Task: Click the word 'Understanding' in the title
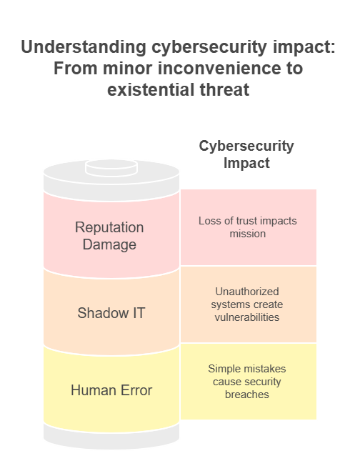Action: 84,47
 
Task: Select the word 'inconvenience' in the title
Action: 219,69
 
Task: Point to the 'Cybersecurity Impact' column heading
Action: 246,154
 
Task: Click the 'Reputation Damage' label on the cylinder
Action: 109,236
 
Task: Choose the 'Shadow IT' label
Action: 111,313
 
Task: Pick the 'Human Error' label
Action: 111,390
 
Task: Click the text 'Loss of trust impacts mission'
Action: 248,227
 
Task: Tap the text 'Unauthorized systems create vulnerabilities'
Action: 247,304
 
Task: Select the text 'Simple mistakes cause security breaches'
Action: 247,382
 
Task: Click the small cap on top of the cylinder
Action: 111,168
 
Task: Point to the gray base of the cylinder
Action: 111,436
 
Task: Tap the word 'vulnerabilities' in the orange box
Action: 247,317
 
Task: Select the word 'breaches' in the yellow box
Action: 247,395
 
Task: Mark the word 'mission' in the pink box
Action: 248,234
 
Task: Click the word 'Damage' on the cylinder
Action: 109,244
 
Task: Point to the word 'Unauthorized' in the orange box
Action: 247,292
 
